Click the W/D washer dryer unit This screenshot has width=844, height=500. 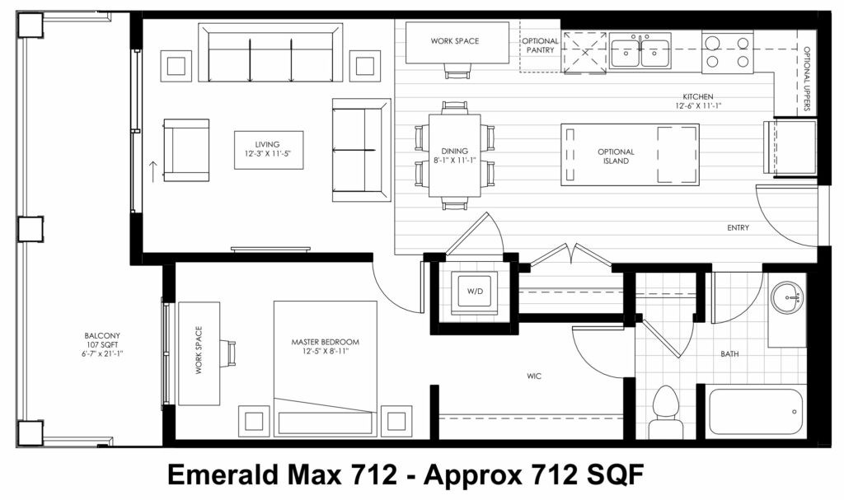pos(474,291)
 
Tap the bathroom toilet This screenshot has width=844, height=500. pos(666,412)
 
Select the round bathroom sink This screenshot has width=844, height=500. pos(786,297)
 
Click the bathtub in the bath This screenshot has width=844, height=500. pos(757,411)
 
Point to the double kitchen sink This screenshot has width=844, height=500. pos(640,50)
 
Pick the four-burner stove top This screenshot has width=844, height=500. pos(728,52)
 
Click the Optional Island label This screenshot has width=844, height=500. pos(616,156)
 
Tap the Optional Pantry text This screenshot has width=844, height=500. pos(540,45)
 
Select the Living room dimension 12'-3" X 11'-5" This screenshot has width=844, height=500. pos(268,153)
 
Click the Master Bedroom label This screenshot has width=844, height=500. pos(325,342)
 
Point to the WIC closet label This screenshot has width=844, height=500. pos(534,376)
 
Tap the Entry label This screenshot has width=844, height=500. pos(738,227)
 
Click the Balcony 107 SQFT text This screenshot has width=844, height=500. pos(102,340)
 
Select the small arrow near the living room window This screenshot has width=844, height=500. pos(152,171)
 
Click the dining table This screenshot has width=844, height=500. pos(455,156)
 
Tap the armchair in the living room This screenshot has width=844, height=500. pos(186,150)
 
